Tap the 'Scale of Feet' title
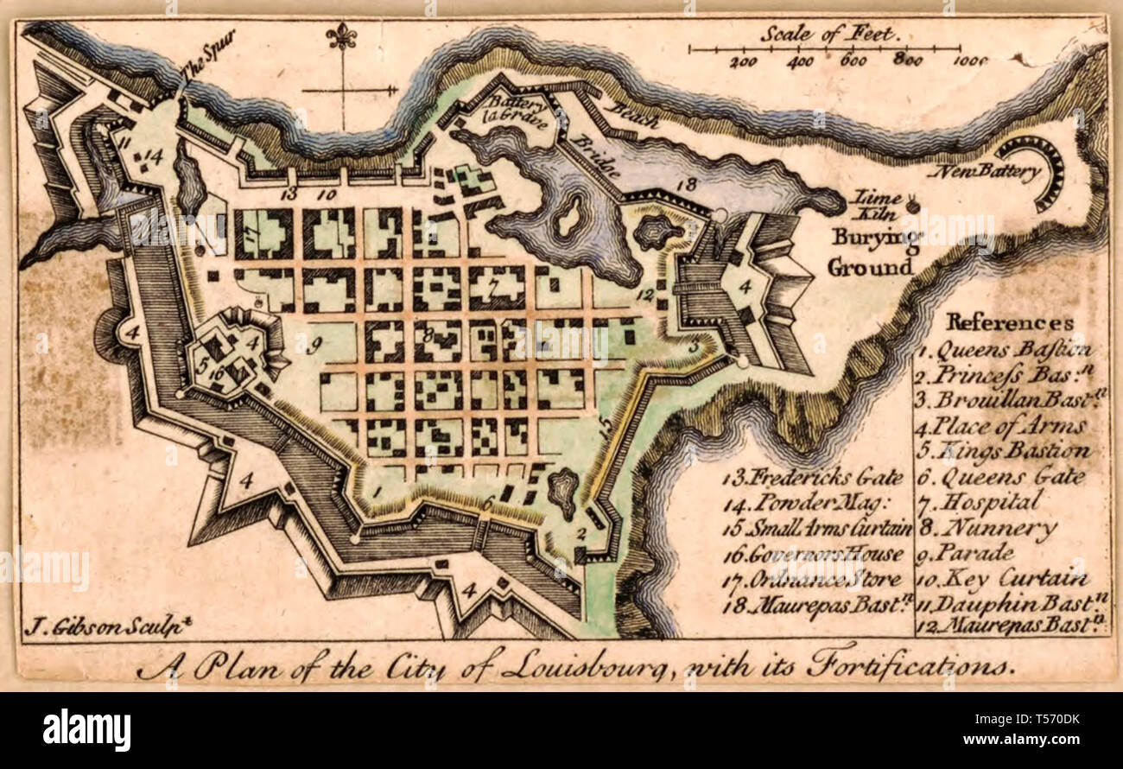tap(830, 35)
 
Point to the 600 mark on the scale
tap(853, 61)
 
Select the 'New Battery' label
tap(985, 172)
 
